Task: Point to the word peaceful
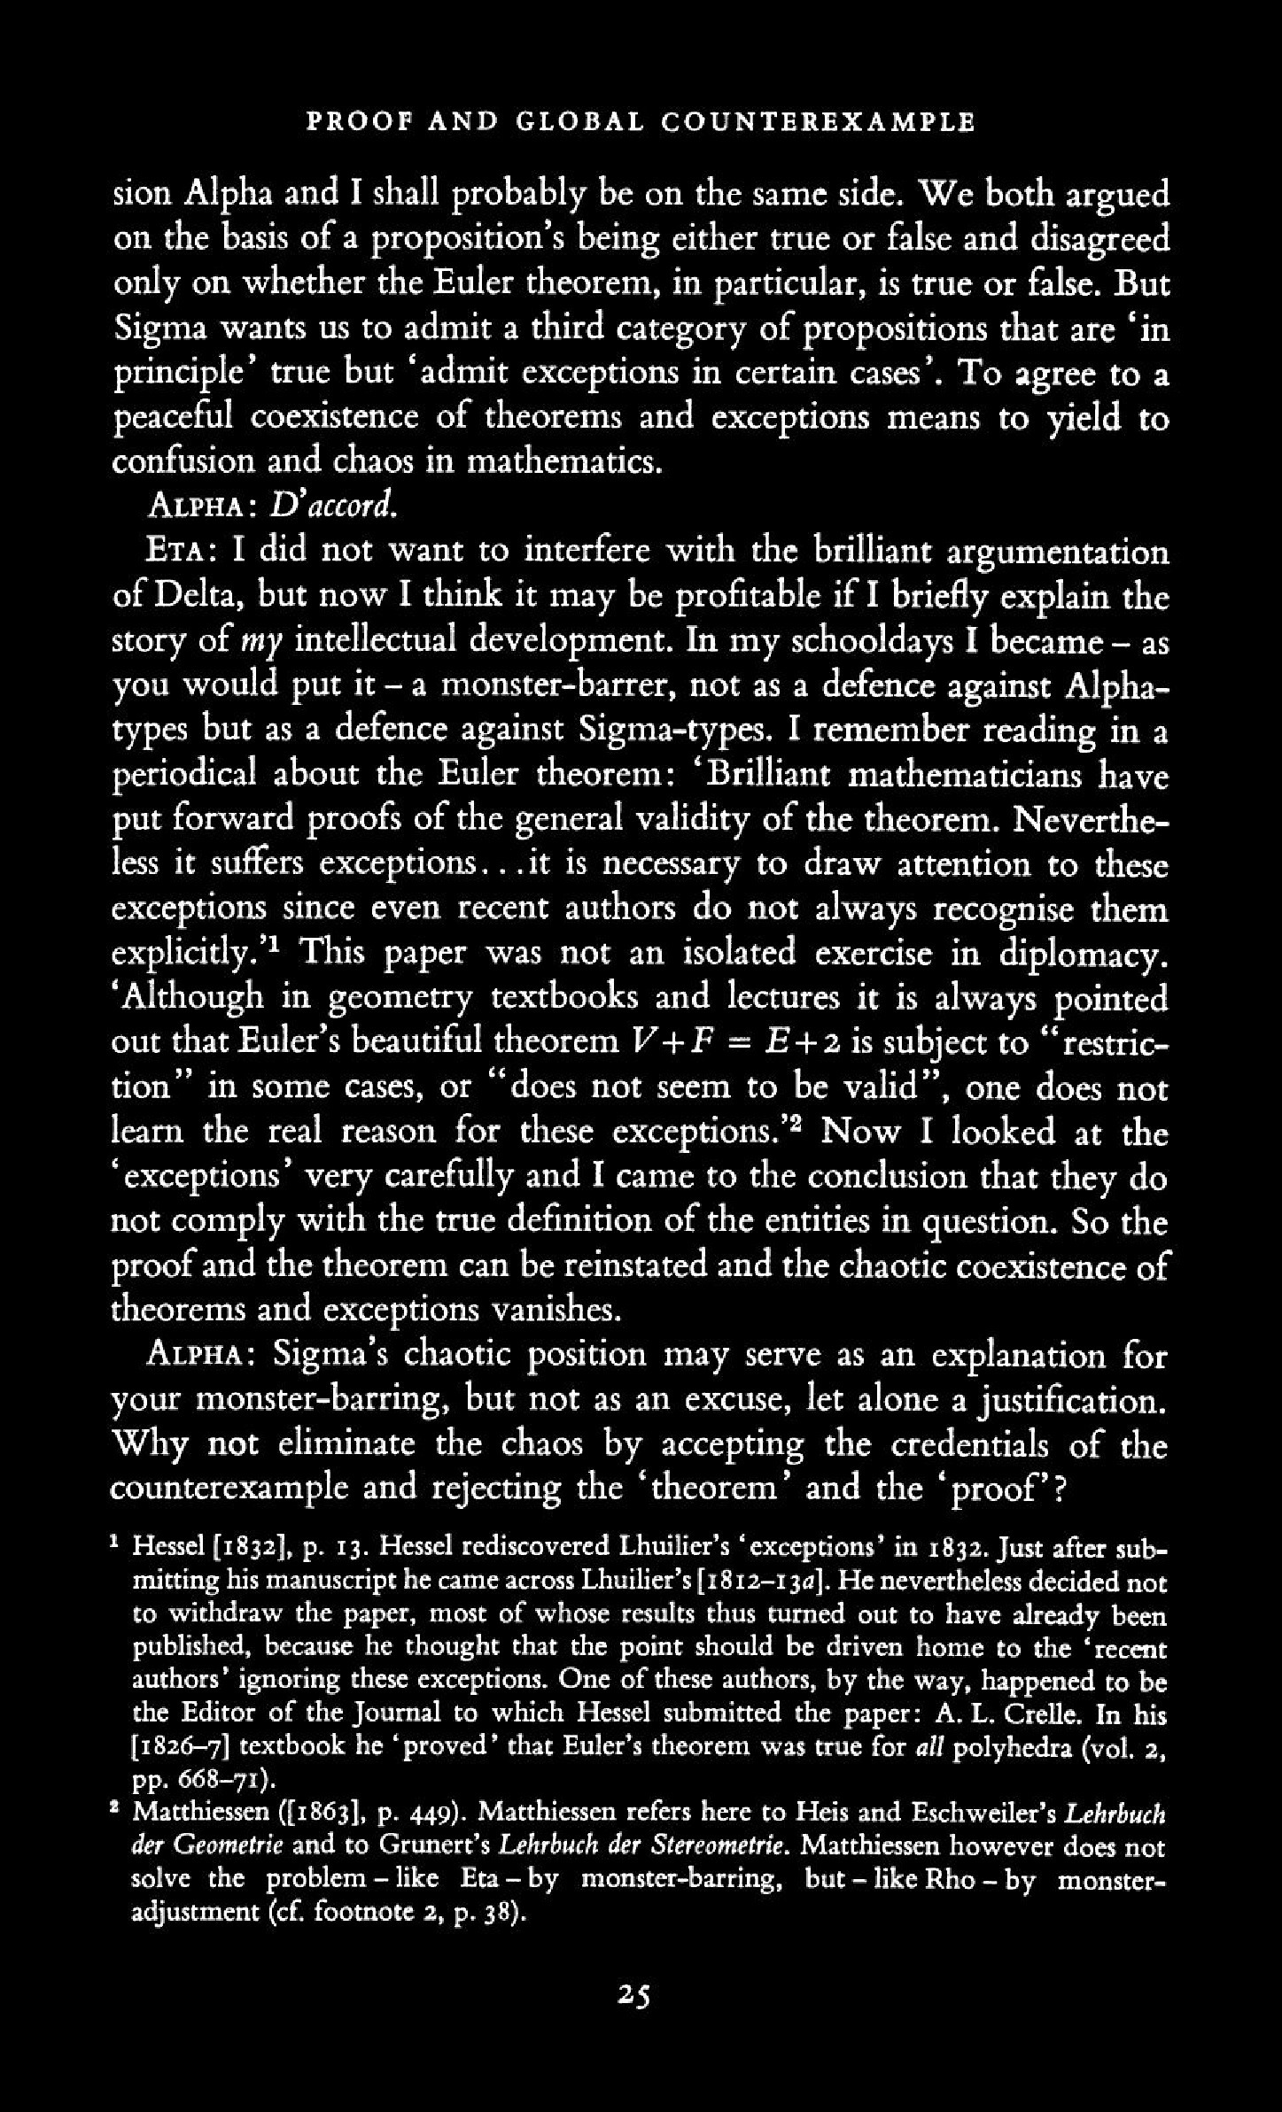(171, 418)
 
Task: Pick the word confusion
(183, 462)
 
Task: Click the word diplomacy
(1081, 955)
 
